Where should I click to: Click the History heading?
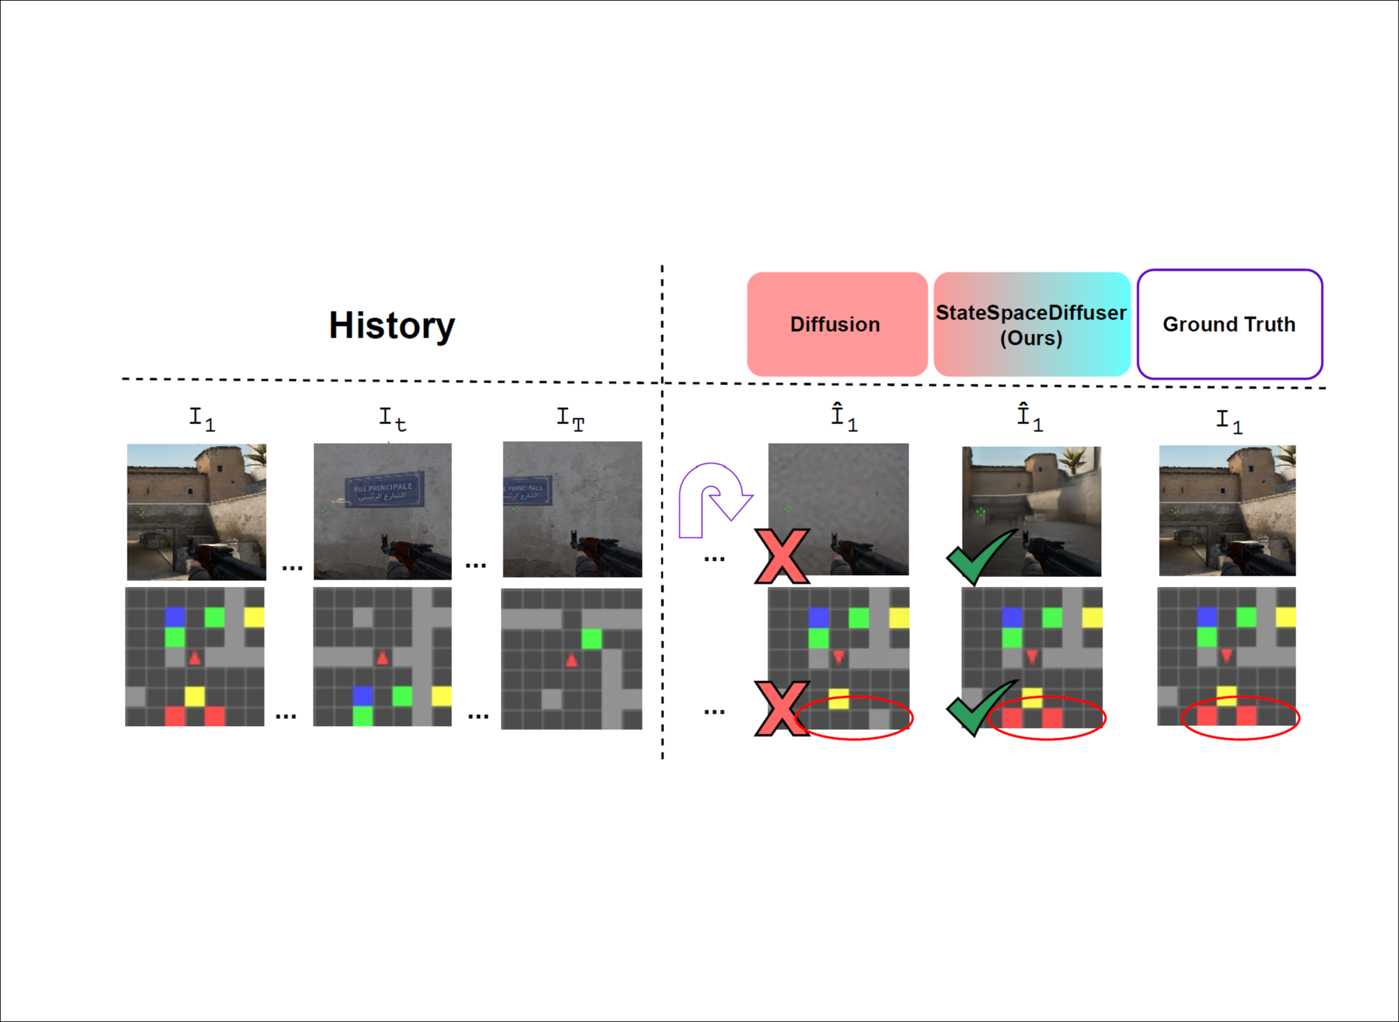tap(392, 325)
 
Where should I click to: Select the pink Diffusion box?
tap(836, 324)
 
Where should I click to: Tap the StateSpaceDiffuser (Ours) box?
tap(1032, 325)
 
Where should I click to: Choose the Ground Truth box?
tap(1229, 324)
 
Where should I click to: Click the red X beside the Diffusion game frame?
tap(782, 556)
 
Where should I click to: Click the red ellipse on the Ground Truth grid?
tap(1240, 718)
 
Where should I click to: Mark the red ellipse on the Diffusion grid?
tap(853, 718)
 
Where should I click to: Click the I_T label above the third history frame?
tap(570, 418)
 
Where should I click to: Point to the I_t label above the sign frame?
tap(392, 418)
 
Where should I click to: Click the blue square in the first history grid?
tap(175, 616)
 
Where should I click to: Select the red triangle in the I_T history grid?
tap(571, 661)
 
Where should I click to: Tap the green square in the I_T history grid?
tap(591, 639)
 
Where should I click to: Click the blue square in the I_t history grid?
tap(362, 695)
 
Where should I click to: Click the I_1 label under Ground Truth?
tap(1229, 421)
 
